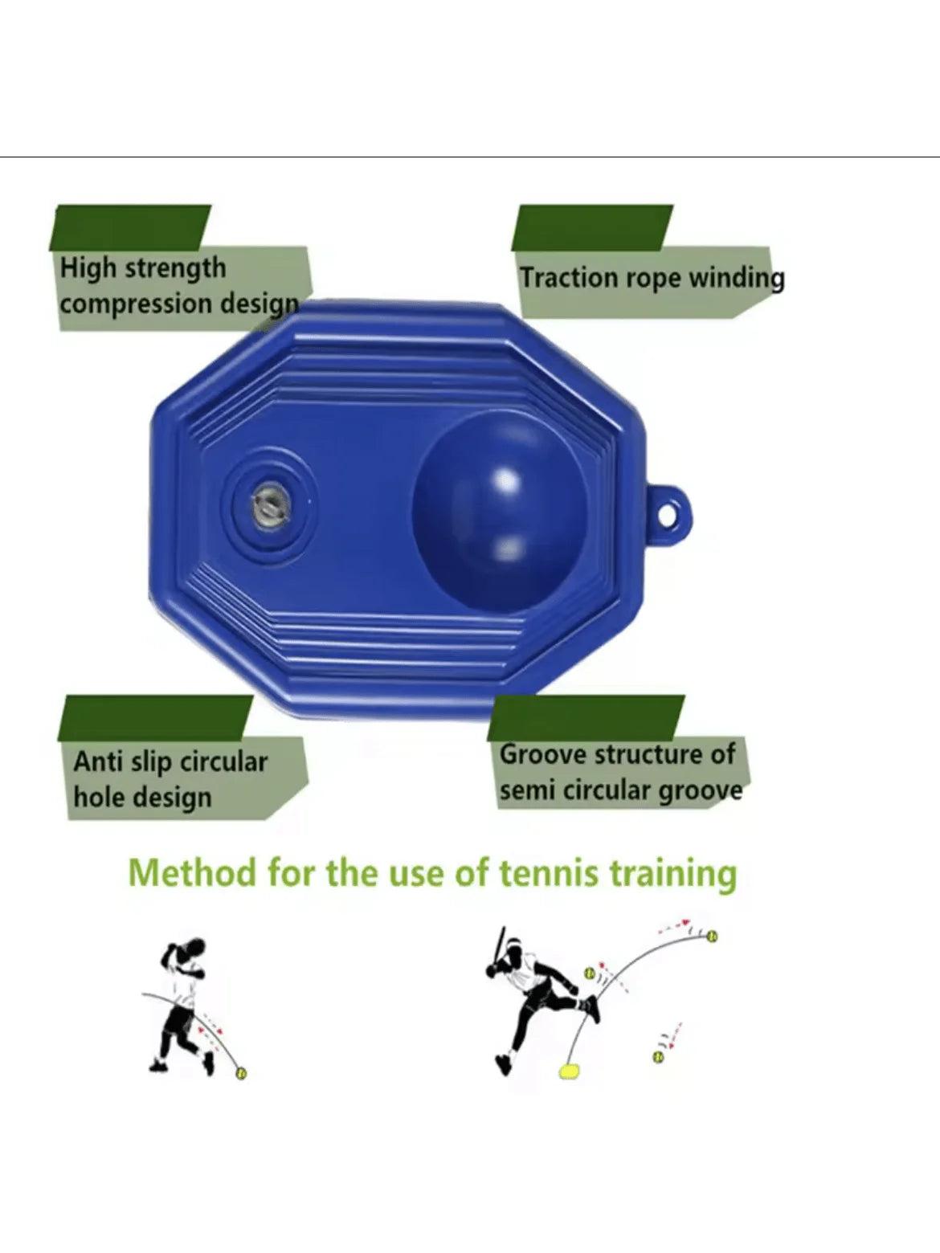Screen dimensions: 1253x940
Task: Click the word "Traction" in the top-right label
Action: (x=569, y=278)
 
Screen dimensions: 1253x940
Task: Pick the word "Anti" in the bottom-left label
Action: (x=96, y=761)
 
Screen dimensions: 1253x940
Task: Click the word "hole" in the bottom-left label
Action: (x=100, y=797)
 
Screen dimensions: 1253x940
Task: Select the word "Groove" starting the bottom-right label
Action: (x=544, y=754)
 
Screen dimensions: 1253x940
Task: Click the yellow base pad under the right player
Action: (x=570, y=1071)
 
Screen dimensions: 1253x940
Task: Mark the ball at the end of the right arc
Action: (x=712, y=937)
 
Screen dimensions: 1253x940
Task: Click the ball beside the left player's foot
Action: (x=241, y=1073)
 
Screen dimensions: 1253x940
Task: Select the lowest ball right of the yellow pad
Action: (x=658, y=1057)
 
